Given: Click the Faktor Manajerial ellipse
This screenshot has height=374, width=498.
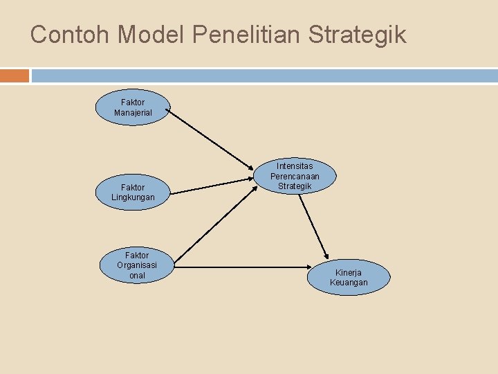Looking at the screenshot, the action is point(133,107).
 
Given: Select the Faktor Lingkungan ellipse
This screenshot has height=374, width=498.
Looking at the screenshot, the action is point(133,193).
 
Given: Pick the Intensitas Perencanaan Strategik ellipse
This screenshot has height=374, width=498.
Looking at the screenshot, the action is point(295,176).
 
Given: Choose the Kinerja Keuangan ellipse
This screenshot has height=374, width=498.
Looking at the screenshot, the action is point(349,277).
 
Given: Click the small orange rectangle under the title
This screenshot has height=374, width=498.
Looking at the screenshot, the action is point(15,75).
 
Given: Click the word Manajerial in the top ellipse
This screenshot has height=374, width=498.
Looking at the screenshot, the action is point(133,112).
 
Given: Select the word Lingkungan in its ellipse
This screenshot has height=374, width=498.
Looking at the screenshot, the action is point(133,197).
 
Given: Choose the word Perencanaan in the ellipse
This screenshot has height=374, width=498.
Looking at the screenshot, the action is point(295,176).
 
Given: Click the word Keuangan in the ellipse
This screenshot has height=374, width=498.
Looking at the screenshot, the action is point(349,283).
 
